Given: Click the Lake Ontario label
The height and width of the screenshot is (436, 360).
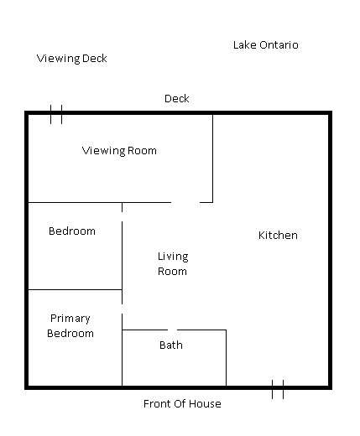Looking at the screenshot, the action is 266,45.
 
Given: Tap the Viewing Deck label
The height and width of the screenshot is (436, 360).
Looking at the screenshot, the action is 72,59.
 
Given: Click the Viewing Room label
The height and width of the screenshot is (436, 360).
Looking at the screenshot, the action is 119,151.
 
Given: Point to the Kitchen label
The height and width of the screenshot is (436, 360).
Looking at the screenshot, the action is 278,236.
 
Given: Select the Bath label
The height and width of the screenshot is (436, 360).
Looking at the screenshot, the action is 171,345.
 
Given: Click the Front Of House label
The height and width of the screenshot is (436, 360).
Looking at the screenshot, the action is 182,404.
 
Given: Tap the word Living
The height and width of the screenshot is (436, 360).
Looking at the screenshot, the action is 173,257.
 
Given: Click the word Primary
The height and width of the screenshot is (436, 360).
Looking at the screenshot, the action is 70,319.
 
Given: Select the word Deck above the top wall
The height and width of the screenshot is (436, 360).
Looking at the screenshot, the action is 177,99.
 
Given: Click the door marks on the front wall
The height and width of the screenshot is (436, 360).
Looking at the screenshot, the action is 278,389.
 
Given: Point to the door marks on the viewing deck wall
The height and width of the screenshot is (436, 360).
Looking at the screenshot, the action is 56,114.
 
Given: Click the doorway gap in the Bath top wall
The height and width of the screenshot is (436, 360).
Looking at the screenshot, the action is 173,330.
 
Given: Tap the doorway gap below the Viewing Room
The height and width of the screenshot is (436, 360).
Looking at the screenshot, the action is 185,202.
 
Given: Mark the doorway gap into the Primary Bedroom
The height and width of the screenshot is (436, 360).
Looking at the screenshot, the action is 122,309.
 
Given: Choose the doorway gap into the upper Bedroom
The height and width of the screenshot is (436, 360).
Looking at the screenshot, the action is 122,217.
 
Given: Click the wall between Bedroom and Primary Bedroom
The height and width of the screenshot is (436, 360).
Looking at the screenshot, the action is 75,289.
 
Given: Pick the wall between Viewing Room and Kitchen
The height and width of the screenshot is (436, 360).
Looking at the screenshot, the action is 212,158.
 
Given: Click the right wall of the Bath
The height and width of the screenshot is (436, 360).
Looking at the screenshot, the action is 226,358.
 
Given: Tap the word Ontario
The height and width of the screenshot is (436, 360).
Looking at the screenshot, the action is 279,45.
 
